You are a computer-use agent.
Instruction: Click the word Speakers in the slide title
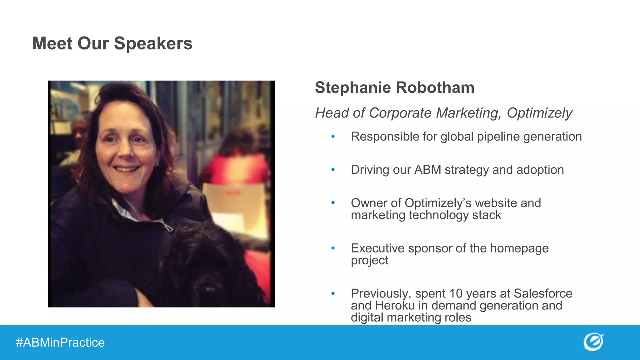153,43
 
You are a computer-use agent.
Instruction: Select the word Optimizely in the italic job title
539,113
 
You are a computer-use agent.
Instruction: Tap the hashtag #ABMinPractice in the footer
60,342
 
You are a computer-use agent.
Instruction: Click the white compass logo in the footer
593,342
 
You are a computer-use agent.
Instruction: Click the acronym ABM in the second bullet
427,170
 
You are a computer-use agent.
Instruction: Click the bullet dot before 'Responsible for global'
333,137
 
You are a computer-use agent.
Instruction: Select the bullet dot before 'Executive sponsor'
333,248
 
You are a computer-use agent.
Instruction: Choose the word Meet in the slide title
52,43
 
